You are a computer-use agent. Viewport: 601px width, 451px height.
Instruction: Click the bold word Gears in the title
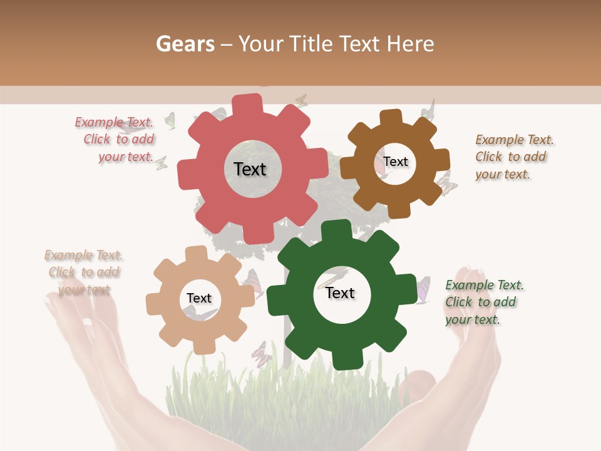tap(184, 44)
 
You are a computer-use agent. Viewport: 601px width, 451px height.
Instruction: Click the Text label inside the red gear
tap(250, 169)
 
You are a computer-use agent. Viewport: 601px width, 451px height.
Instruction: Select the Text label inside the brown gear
tap(396, 162)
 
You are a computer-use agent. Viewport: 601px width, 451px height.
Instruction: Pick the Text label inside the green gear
tap(340, 293)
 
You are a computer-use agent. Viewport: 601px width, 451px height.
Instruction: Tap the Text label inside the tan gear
tap(199, 299)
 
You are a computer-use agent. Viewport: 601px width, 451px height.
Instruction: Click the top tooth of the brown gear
tap(390, 118)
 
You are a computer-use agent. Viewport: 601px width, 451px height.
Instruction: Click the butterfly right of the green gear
tap(423, 289)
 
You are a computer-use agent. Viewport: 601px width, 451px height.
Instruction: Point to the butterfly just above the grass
tap(262, 354)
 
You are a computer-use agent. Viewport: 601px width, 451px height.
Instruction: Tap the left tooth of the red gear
tap(187, 173)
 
